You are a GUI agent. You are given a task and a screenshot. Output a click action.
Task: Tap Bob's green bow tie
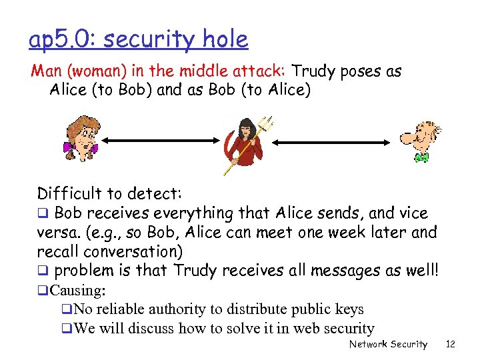pyautogui.click(x=421, y=157)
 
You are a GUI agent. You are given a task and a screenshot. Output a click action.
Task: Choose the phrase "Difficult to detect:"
pyautogui.click(x=109, y=194)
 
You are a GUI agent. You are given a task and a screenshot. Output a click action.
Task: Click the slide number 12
pyautogui.click(x=451, y=344)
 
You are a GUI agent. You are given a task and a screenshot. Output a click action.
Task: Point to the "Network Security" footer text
pyautogui.click(x=389, y=344)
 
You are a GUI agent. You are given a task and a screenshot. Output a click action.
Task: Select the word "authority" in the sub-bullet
pyautogui.click(x=187, y=309)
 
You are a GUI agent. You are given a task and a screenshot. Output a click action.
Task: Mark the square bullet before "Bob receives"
pyautogui.click(x=42, y=214)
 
